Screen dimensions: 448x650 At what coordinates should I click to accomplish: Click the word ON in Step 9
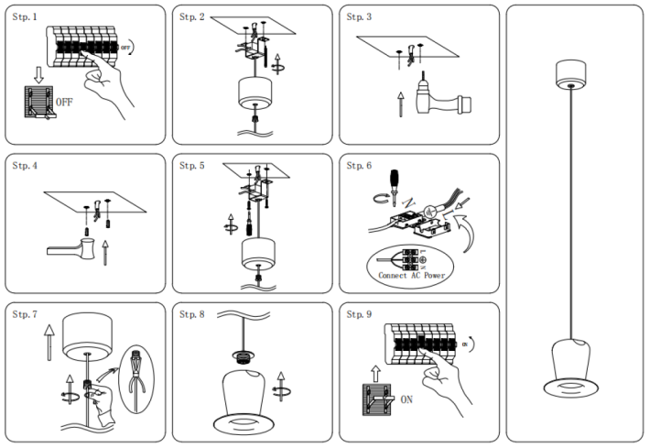click(408, 399)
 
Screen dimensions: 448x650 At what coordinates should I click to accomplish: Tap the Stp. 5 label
click(193, 166)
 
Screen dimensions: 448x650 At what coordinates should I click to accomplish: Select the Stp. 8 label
click(193, 314)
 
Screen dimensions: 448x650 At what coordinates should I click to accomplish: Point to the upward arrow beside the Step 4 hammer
click(104, 251)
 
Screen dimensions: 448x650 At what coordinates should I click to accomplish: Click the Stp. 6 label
click(360, 166)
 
